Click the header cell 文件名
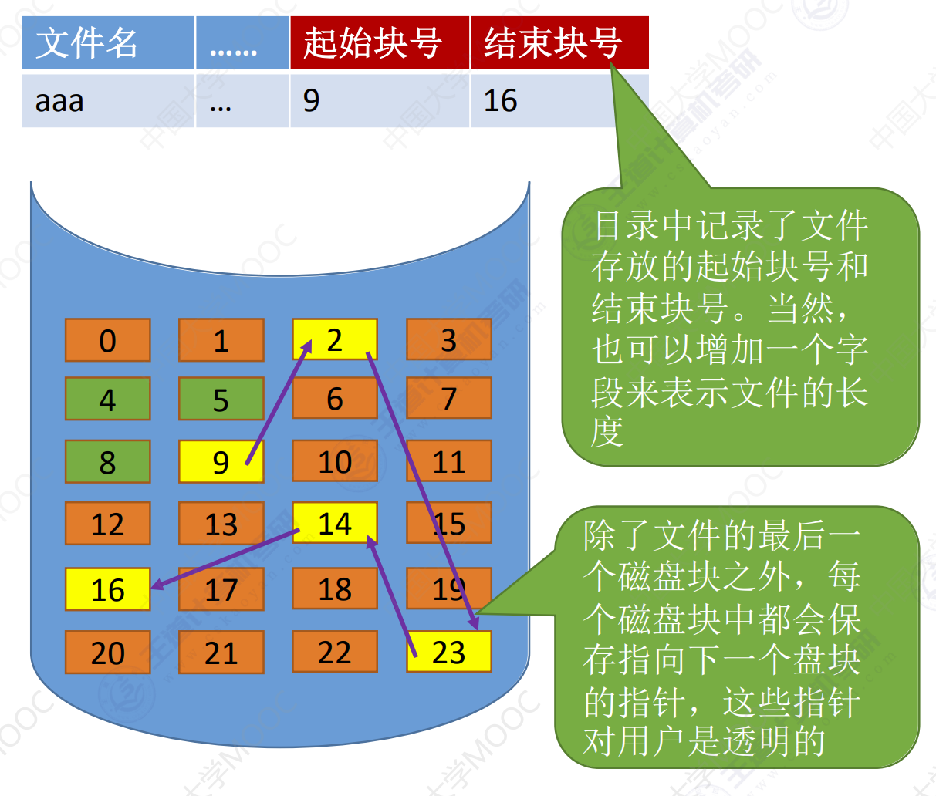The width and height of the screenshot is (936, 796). pyautogui.click(x=108, y=42)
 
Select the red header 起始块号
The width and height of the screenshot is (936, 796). pyautogui.click(x=380, y=42)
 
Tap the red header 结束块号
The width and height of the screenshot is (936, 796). pyautogui.click(x=559, y=42)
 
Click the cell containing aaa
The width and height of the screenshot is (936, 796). pyautogui.click(x=108, y=100)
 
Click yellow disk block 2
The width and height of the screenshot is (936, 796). pyautogui.click(x=335, y=339)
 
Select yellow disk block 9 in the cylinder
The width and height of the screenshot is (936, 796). pyautogui.click(x=221, y=461)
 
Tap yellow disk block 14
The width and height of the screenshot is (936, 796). pyautogui.click(x=335, y=523)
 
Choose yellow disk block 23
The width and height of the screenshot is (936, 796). pyautogui.click(x=449, y=652)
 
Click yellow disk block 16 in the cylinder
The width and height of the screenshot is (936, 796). pyautogui.click(x=108, y=589)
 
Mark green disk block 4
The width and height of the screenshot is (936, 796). pyautogui.click(x=108, y=399)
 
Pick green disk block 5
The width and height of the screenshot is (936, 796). pyautogui.click(x=221, y=399)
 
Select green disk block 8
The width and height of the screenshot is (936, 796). pyautogui.click(x=108, y=461)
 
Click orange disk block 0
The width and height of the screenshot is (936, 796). pyautogui.click(x=108, y=340)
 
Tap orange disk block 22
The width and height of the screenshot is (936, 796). pyautogui.click(x=335, y=652)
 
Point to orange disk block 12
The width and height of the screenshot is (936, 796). pyautogui.click(x=108, y=523)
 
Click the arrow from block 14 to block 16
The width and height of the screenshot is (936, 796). pyautogui.click(x=225, y=559)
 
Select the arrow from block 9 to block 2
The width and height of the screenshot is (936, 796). pyautogui.click(x=279, y=402)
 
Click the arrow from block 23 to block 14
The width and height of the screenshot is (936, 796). pyautogui.click(x=391, y=595)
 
